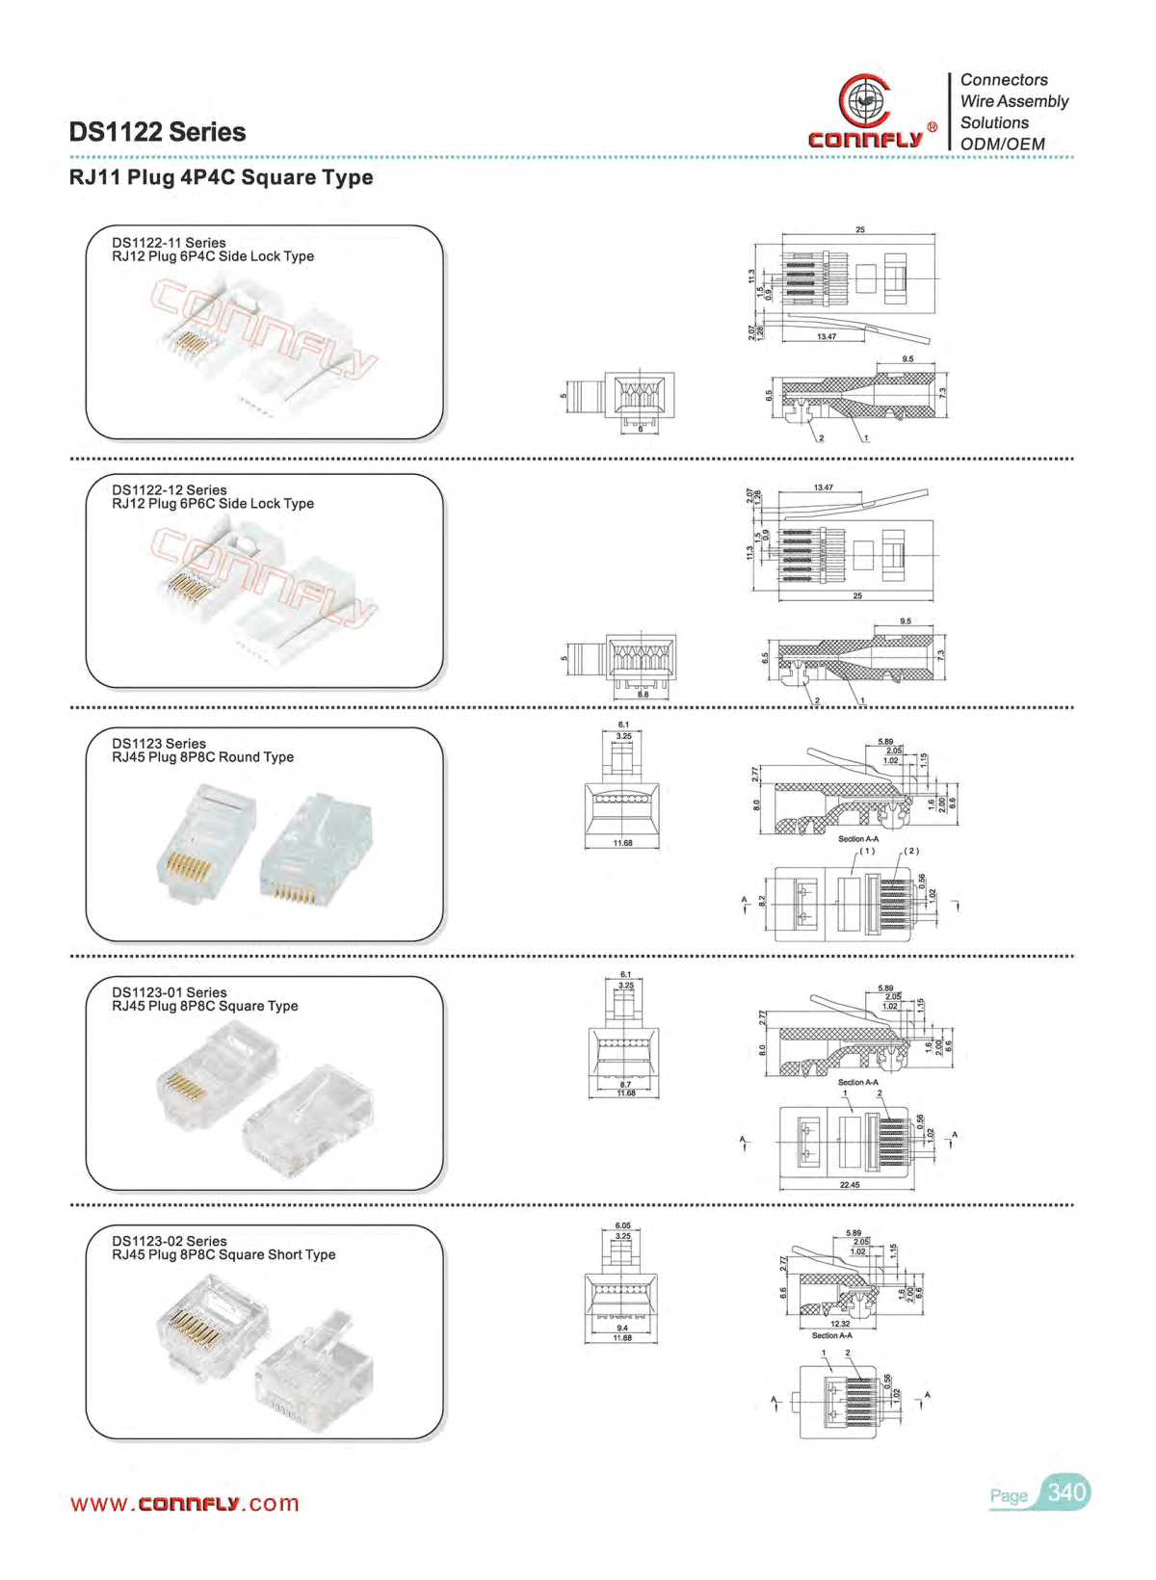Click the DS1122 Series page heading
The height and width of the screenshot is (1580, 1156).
tap(157, 132)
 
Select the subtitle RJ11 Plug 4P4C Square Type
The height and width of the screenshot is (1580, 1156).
tap(221, 177)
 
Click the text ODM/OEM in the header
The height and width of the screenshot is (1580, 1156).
tap(1002, 145)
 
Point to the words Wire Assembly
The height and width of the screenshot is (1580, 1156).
tap(1014, 101)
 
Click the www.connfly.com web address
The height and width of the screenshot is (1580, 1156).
tap(184, 1504)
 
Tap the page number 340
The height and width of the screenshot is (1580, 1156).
tap(1066, 1492)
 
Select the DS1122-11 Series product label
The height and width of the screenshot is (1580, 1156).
tap(169, 243)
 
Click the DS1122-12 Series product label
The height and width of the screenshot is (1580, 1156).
tap(169, 490)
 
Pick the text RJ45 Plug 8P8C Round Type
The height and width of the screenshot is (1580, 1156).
tap(202, 757)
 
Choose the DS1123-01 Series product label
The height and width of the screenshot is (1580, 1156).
tap(169, 992)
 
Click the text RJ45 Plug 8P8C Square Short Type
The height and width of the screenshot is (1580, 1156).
tap(223, 1254)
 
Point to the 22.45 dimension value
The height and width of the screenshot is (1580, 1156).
tap(849, 1185)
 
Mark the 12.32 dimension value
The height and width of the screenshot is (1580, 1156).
tap(840, 1324)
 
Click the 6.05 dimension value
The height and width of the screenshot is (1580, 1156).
tap(622, 1226)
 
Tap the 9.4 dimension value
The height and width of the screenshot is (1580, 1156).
tap(622, 1328)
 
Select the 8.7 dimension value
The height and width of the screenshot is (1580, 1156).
tap(625, 1085)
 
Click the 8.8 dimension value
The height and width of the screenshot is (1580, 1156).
tap(642, 694)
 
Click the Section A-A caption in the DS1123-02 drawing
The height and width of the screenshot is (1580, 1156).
tap(831, 1335)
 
